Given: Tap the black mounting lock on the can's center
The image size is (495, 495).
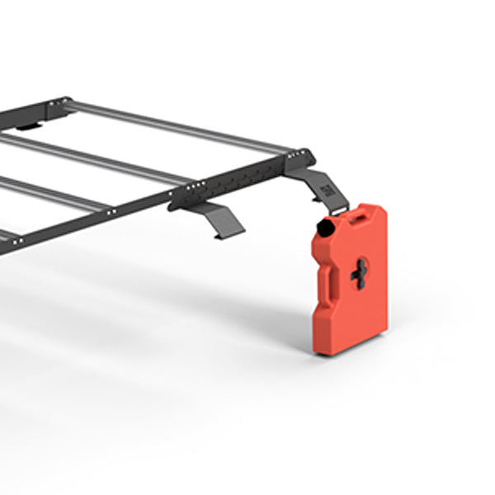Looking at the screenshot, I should [x=360, y=274].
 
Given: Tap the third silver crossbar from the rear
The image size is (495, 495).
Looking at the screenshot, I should [x=49, y=194].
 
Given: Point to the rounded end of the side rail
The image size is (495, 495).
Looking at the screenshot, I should [x=306, y=155].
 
